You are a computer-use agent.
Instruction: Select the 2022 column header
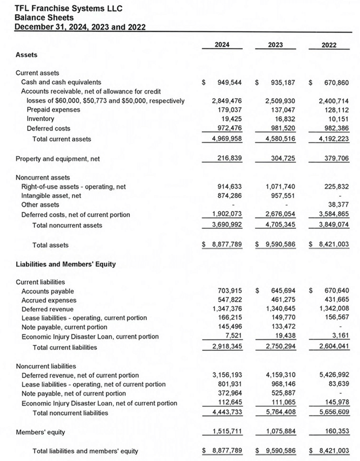(x=329, y=45)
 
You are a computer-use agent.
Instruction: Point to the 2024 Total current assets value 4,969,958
(x=226, y=139)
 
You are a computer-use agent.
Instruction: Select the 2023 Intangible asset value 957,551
(x=285, y=196)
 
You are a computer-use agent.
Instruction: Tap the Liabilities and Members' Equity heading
(x=65, y=265)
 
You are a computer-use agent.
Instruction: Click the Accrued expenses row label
(x=49, y=300)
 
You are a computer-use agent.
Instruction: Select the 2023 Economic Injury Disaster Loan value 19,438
(x=287, y=336)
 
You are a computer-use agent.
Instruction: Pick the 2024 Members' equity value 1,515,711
(x=226, y=432)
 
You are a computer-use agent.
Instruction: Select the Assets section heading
(x=26, y=55)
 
